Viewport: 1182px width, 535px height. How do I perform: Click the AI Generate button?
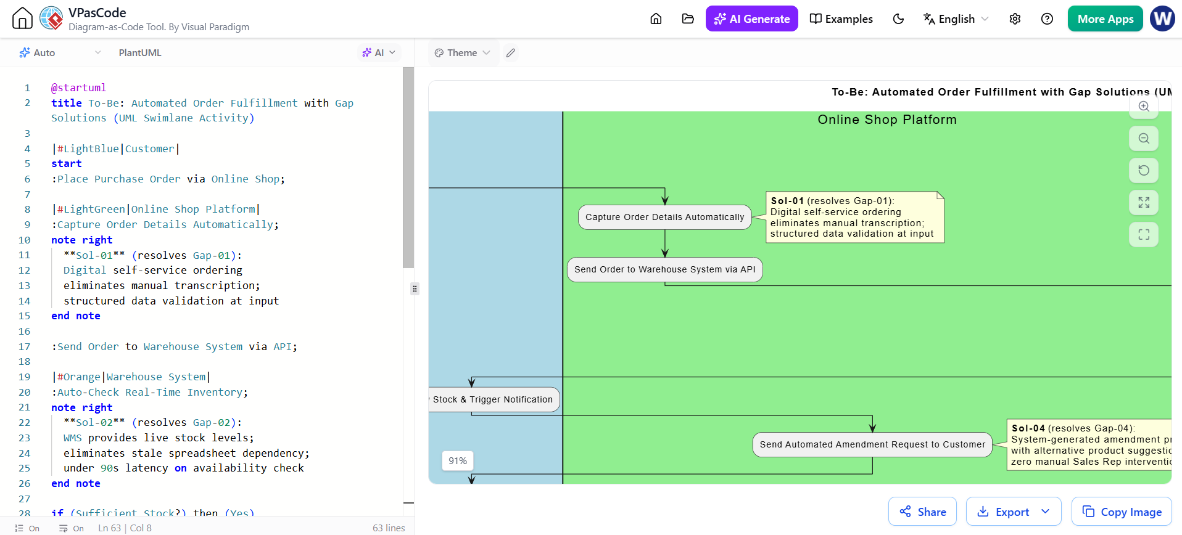tap(751, 18)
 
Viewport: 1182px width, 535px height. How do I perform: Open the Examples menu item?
tap(841, 18)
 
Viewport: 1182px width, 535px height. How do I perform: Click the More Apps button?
tap(1105, 18)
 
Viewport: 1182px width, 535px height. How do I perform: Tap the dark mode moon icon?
tap(898, 18)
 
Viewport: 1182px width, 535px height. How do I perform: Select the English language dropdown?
tap(956, 18)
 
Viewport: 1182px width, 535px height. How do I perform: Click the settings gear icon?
tap(1015, 18)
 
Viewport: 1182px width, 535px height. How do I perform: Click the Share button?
tap(922, 512)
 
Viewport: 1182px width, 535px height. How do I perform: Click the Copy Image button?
tap(1122, 512)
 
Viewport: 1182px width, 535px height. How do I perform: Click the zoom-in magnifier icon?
tap(1144, 106)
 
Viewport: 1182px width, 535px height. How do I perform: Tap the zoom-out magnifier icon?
tap(1144, 138)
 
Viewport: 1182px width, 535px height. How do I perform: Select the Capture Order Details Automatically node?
tap(665, 217)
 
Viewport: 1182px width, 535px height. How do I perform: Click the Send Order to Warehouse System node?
tap(665, 269)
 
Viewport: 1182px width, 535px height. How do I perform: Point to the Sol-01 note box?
tap(855, 217)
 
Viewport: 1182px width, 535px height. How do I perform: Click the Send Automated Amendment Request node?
tap(872, 444)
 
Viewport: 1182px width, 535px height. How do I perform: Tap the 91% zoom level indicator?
tap(458, 460)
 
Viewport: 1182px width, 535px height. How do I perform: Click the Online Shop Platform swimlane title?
tap(887, 120)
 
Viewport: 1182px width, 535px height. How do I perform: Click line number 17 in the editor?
tap(24, 346)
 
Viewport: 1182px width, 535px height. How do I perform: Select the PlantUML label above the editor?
tap(140, 53)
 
